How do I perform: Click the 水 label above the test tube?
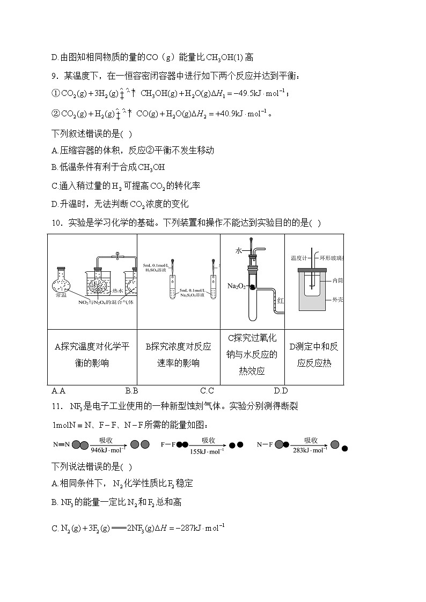239,250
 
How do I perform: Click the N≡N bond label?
58,444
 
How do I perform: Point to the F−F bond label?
168,444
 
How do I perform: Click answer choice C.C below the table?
207,390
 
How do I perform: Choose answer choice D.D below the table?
281,390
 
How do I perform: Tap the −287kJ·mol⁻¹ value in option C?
198,529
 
